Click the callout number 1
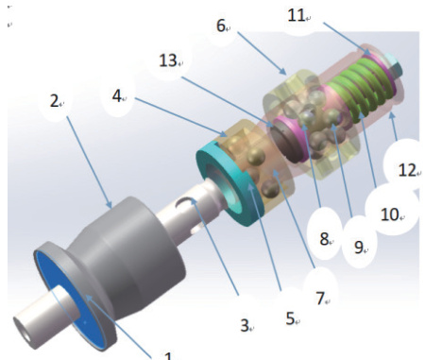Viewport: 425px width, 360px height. coord(169,356)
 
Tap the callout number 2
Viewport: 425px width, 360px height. coord(54,101)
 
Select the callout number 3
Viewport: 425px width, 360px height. coord(245,325)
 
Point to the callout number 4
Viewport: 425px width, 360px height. coord(116,95)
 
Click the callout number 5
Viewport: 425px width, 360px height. coord(290,318)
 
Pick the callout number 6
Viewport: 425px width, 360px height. coord(221,26)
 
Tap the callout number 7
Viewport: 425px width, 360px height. coord(320,298)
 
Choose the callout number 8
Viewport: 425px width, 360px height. coord(324,238)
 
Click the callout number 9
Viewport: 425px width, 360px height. coord(359,247)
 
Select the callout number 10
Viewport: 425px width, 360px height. coord(390,214)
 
